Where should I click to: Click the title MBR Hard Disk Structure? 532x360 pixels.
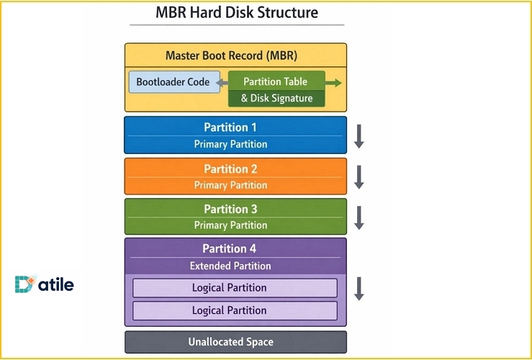click(x=236, y=13)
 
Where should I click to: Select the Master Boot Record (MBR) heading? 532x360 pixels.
click(x=231, y=55)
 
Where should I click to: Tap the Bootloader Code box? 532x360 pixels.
click(x=173, y=81)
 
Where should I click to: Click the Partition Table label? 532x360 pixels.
click(x=276, y=81)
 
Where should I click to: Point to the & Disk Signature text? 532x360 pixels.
click(x=276, y=98)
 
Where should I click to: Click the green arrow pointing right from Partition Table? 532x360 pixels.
click(x=334, y=82)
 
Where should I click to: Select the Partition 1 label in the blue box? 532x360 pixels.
click(x=230, y=127)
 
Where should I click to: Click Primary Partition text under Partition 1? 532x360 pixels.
click(x=230, y=144)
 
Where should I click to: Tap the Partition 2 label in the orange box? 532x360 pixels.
click(x=230, y=169)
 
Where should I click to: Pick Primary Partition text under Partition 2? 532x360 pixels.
click(x=230, y=185)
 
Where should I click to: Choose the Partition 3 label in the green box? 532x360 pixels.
click(x=230, y=210)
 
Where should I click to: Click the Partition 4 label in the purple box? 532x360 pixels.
click(x=230, y=249)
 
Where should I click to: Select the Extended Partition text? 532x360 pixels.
click(x=230, y=266)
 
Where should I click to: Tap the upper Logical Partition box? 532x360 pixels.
click(x=229, y=288)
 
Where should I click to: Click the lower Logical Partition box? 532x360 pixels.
click(x=229, y=311)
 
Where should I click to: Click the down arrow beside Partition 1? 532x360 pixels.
click(x=359, y=135)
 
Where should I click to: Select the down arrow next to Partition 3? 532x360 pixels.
click(x=359, y=217)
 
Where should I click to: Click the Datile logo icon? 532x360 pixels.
click(x=24, y=285)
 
